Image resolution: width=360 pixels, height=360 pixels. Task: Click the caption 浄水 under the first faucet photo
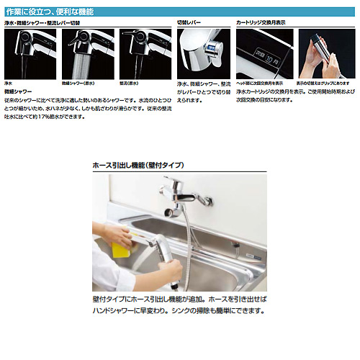(x=9, y=84)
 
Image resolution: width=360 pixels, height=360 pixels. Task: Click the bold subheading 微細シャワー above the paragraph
(x=19, y=92)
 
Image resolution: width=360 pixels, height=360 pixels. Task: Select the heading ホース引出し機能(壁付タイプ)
(x=138, y=165)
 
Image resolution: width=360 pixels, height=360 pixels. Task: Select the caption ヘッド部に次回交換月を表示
(x=264, y=84)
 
